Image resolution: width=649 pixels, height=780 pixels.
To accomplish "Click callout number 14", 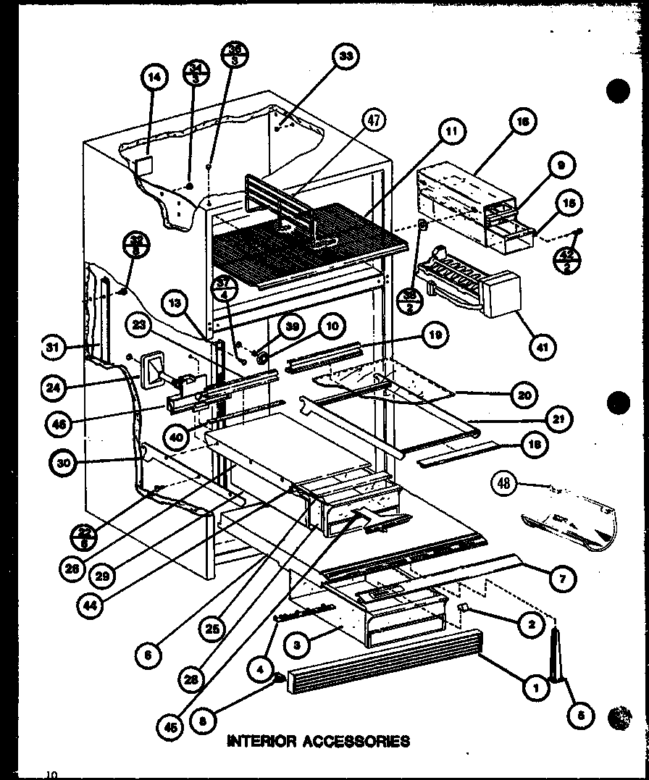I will pos(156,78).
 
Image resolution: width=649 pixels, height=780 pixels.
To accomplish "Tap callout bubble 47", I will pos(372,121).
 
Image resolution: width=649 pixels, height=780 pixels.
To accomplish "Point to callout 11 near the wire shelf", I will pos(451,131).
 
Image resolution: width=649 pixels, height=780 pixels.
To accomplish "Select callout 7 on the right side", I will pos(564,577).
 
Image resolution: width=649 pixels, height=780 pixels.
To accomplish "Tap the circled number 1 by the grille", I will pos(537,688).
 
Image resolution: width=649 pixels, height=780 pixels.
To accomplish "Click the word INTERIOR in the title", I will pos(261,741).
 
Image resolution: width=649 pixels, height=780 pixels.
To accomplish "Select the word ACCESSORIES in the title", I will pos(356,741).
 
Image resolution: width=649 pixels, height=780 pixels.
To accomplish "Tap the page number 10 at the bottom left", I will pos(51,774).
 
